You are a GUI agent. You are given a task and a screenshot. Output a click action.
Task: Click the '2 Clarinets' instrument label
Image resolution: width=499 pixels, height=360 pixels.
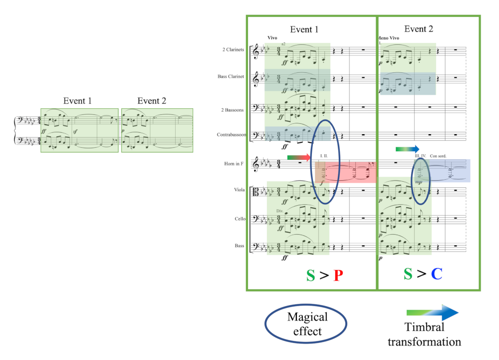[233, 49]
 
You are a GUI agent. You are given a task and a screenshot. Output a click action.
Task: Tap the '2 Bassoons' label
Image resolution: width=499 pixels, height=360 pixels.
[233, 110]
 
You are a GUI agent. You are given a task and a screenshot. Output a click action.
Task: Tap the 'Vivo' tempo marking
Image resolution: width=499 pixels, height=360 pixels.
[272, 38]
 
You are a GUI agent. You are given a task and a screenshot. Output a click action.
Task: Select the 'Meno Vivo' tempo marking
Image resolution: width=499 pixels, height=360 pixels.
[389, 38]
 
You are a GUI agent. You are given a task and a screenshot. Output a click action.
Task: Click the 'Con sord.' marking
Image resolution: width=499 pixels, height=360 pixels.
[438, 156]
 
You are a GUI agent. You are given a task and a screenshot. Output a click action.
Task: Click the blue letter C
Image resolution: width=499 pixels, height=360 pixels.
[437, 274]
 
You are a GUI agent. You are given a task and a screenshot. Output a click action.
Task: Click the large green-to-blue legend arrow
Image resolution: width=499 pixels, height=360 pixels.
[432, 313]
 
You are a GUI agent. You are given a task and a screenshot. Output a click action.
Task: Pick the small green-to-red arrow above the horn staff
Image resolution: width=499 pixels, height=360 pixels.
[299, 158]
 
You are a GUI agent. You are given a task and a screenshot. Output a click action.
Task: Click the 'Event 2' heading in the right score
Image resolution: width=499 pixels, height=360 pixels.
[419, 29]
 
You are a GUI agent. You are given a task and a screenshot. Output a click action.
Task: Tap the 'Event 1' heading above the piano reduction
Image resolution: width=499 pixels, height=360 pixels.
[77, 101]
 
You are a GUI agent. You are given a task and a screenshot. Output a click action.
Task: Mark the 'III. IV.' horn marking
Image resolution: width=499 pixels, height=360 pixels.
[421, 156]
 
